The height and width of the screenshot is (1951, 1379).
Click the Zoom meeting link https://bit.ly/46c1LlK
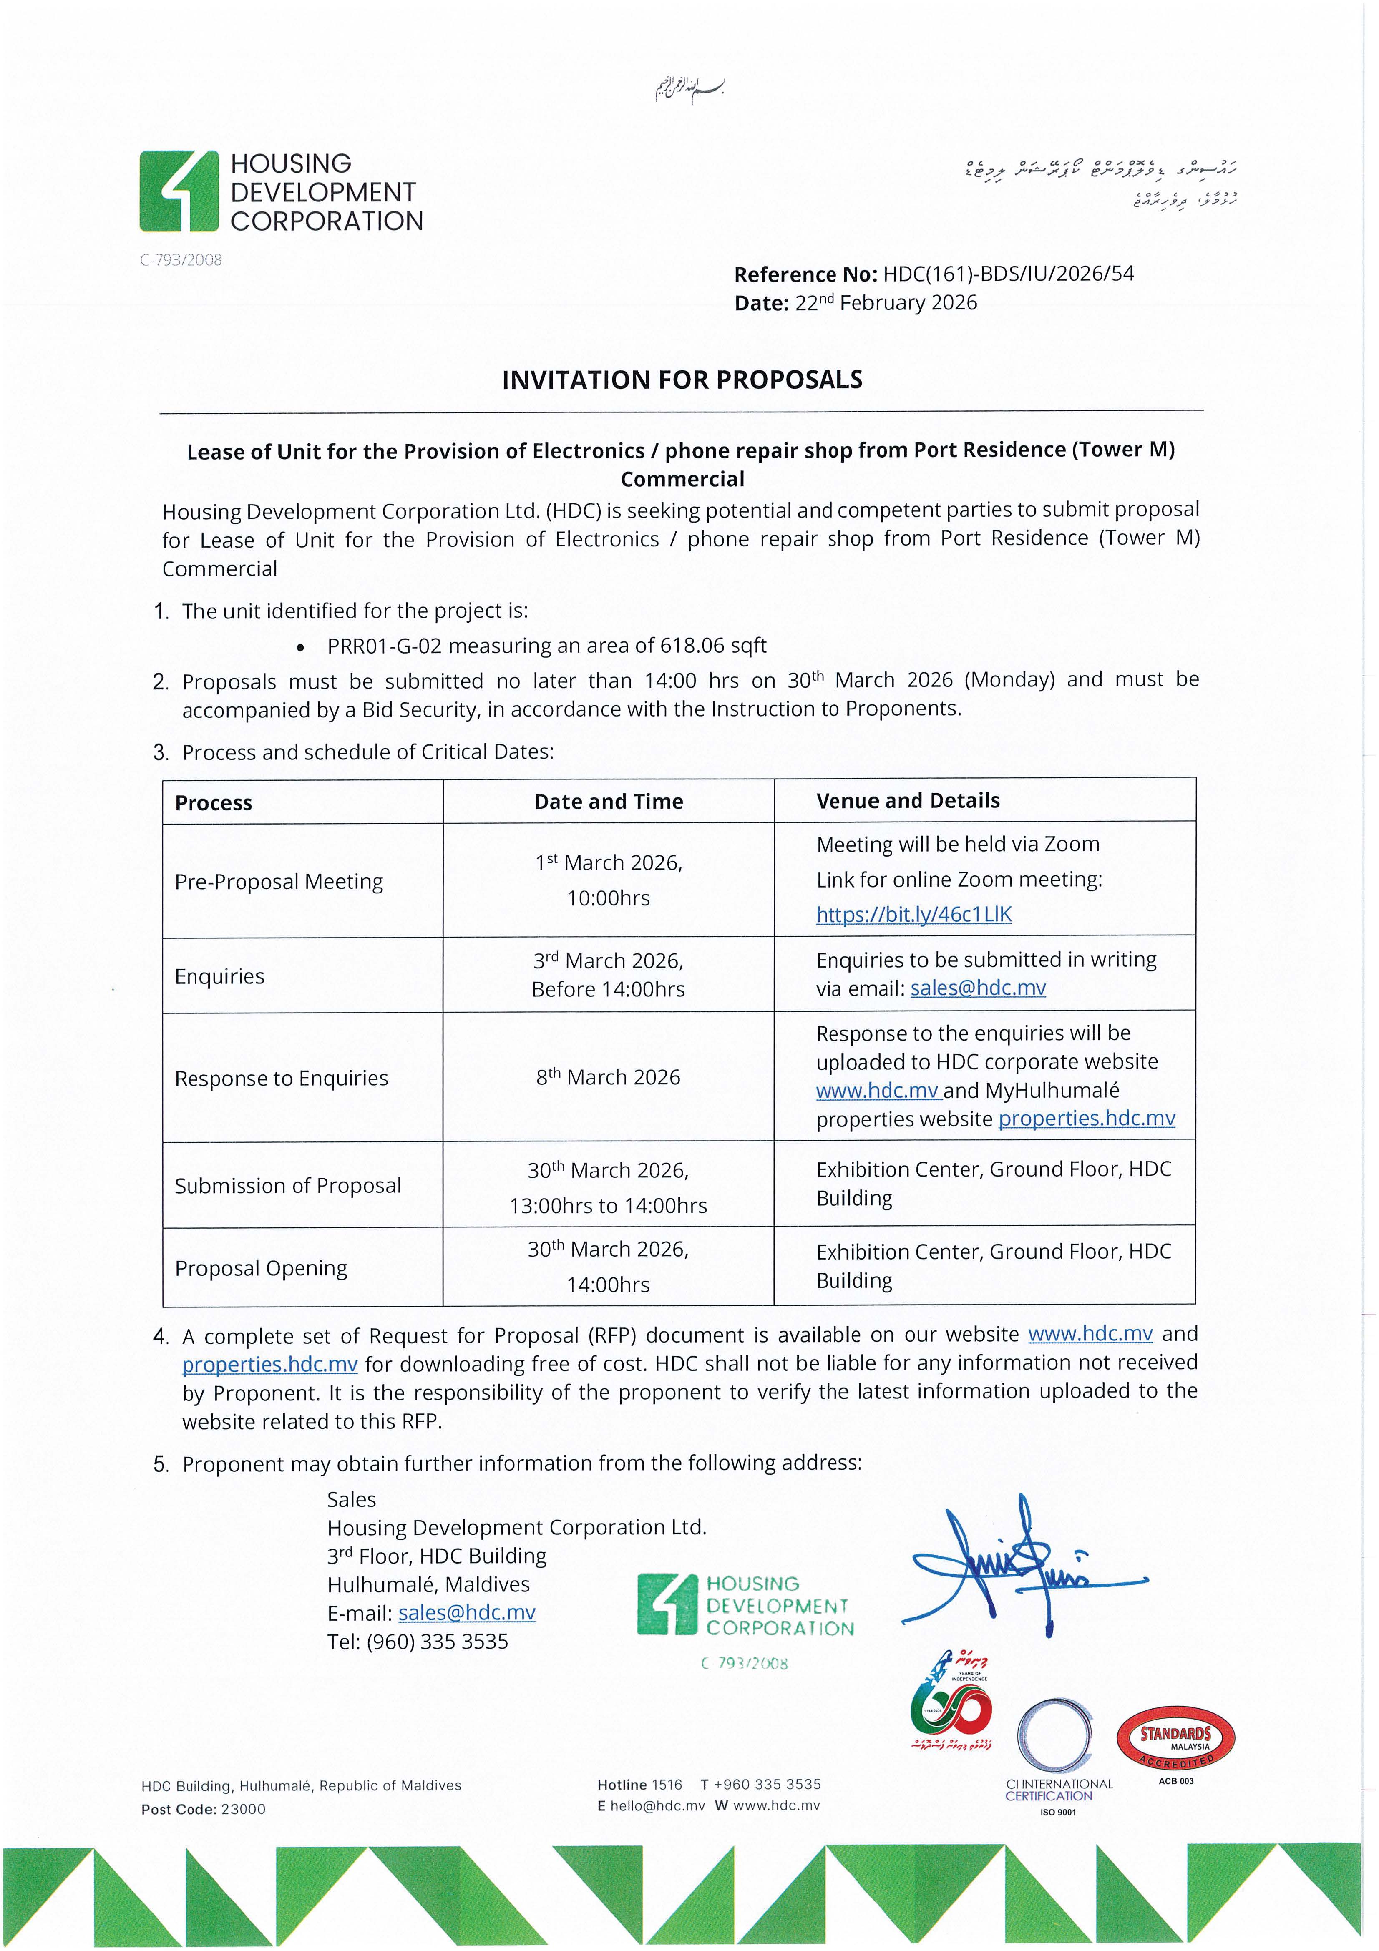coord(913,914)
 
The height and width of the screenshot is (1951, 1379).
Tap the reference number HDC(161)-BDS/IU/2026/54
coord(1008,274)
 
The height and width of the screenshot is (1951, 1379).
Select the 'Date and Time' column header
coord(608,801)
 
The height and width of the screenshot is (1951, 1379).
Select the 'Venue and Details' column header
coord(907,800)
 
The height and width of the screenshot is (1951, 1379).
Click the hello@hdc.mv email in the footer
coord(657,1806)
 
